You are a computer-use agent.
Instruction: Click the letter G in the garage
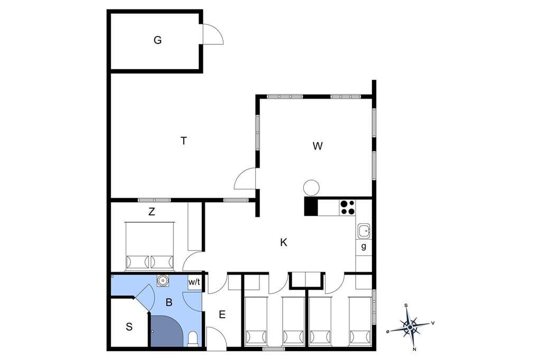pyautogui.click(x=157, y=40)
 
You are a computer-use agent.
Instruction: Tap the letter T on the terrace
pyautogui.click(x=184, y=141)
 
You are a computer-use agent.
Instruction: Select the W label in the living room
pyautogui.click(x=318, y=146)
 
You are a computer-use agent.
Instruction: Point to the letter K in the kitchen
pyautogui.click(x=284, y=243)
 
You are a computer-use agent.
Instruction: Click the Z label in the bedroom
pyautogui.click(x=152, y=212)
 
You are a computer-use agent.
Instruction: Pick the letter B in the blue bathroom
pyautogui.click(x=169, y=302)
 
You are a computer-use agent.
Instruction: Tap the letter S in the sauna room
pyautogui.click(x=129, y=327)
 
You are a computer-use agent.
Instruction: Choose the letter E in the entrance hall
pyautogui.click(x=222, y=315)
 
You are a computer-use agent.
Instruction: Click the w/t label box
pyautogui.click(x=194, y=282)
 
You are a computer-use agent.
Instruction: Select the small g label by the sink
pyautogui.click(x=363, y=247)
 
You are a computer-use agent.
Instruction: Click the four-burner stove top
pyautogui.click(x=347, y=207)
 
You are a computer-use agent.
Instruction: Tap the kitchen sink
pyautogui.click(x=363, y=231)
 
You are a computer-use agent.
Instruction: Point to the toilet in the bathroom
pyautogui.click(x=193, y=338)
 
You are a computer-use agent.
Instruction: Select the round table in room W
pyautogui.click(x=311, y=188)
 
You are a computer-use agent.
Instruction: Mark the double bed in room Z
pyautogui.click(x=150, y=246)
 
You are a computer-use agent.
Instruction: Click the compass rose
pyautogui.click(x=410, y=327)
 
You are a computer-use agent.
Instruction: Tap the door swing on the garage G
pyautogui.click(x=213, y=34)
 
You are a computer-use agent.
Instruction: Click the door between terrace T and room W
pyautogui.click(x=245, y=178)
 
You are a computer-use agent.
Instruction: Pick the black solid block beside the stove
pyautogui.click(x=311, y=206)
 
